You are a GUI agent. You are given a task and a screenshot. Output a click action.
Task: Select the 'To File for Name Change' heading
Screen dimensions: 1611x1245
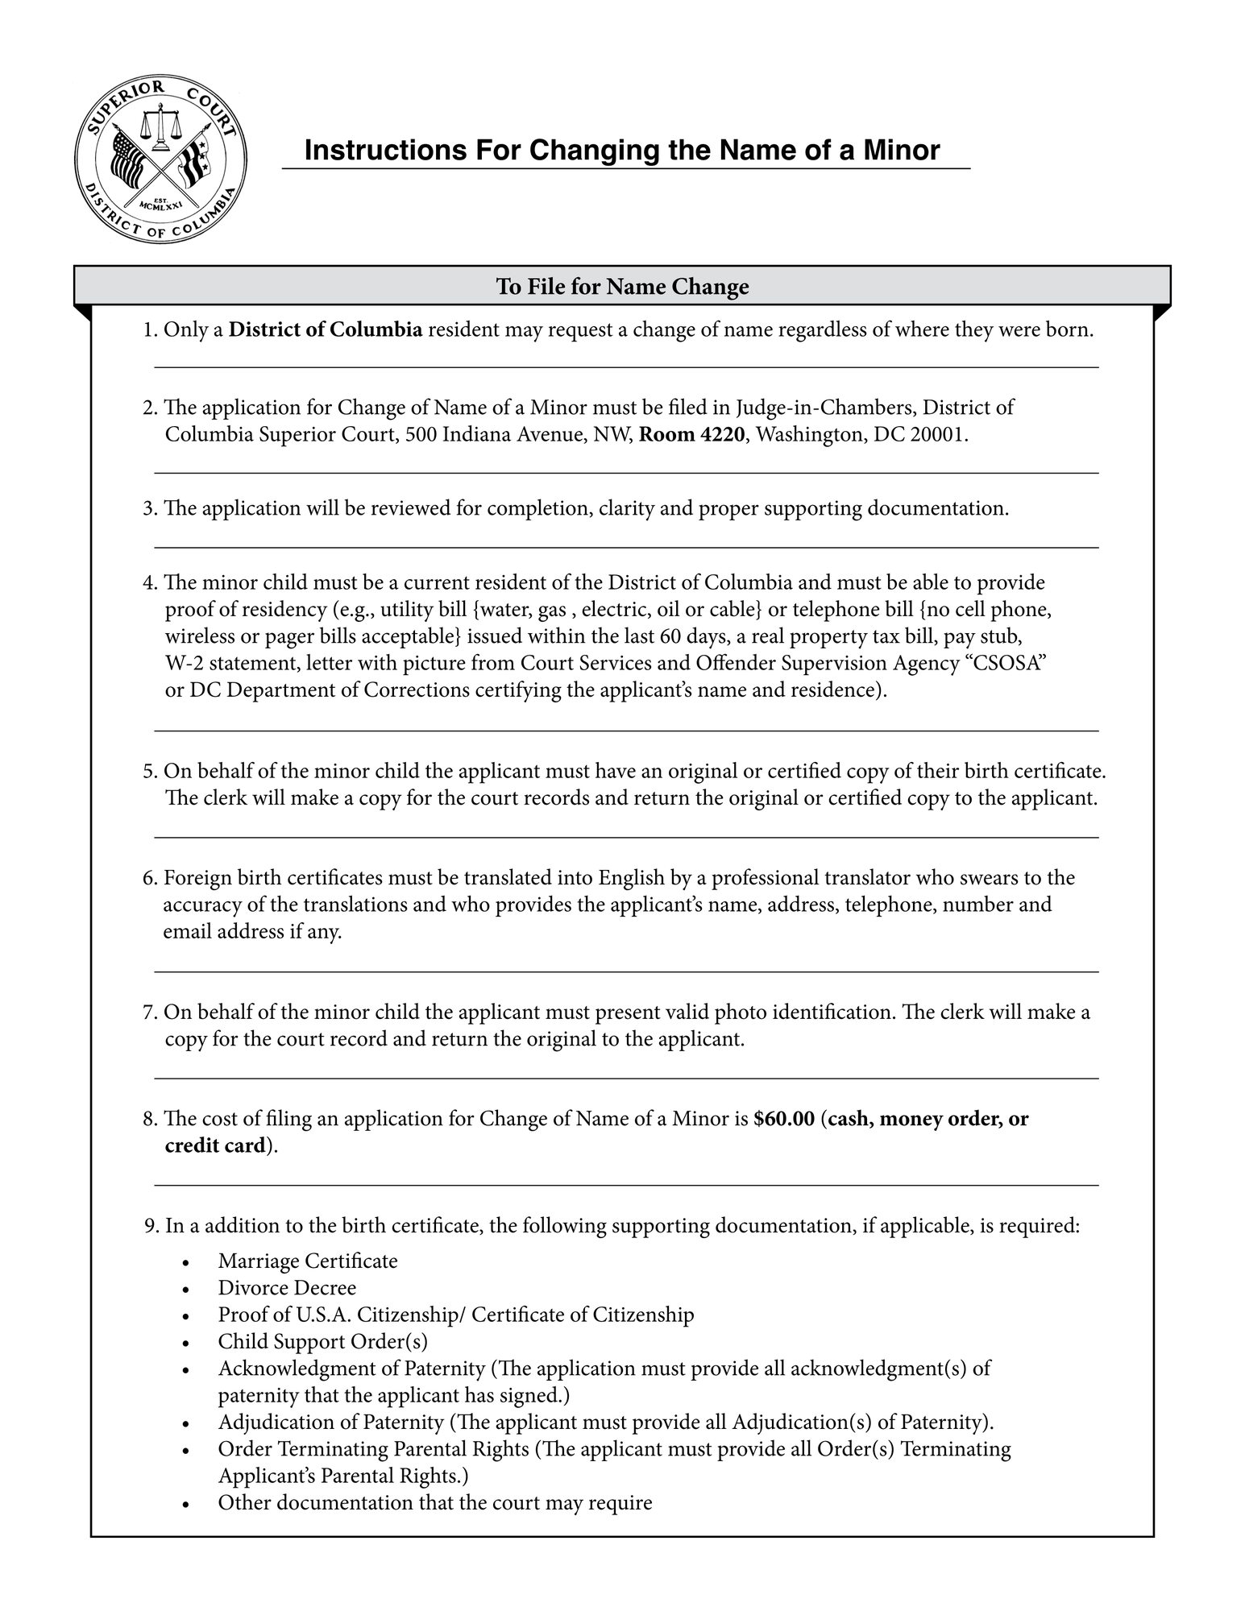(x=622, y=287)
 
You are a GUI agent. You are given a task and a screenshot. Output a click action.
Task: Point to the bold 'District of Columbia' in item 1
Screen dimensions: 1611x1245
(x=326, y=330)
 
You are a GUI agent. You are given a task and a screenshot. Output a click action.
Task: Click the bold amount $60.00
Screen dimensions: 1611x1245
(x=784, y=1119)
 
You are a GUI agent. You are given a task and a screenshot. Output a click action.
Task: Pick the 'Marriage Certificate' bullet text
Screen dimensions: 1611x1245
(x=308, y=1261)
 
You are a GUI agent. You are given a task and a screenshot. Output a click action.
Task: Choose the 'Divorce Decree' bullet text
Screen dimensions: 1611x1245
(x=287, y=1288)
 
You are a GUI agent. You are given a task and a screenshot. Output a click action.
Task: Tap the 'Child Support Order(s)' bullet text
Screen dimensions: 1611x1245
(x=322, y=1342)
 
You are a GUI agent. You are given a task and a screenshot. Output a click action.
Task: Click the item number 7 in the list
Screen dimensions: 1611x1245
(x=148, y=1013)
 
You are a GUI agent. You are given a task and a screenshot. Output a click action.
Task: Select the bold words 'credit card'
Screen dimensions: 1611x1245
(x=215, y=1146)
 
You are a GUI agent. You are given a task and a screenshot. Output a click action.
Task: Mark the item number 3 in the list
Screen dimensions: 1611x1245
(x=148, y=509)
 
